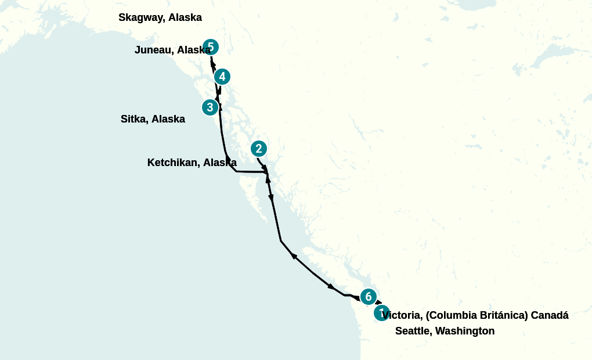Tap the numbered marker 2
(259, 149)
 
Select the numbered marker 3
(210, 107)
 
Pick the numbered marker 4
(222, 76)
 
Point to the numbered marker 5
(211, 46)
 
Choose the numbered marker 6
(368, 297)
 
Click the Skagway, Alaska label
(160, 17)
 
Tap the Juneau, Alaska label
(172, 50)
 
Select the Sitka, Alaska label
(153, 119)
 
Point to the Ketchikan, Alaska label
(192, 163)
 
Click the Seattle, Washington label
(445, 331)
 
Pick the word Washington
(464, 331)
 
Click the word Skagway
(141, 17)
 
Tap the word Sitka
(133, 119)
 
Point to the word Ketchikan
(173, 163)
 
